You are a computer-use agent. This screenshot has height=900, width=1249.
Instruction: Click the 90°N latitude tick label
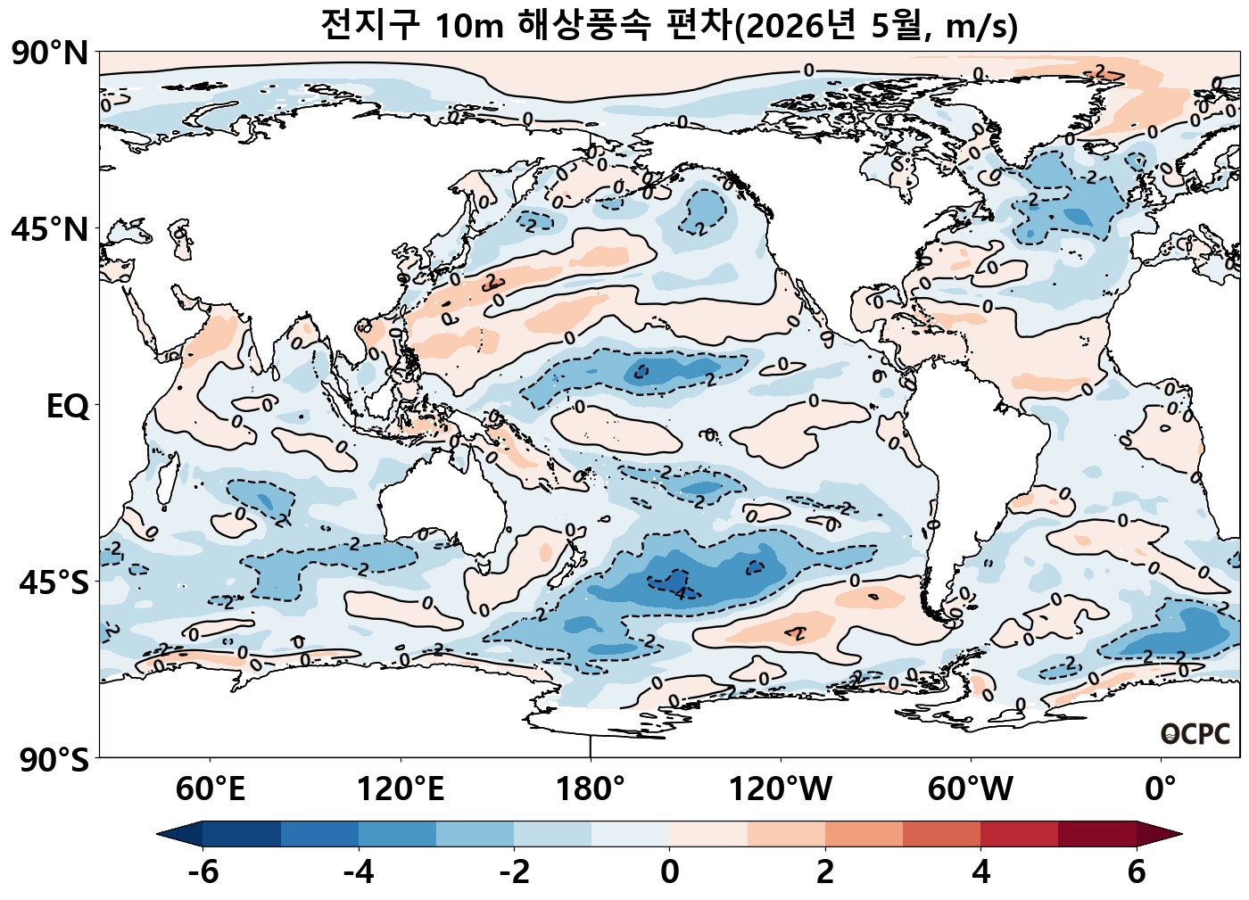click(x=50, y=54)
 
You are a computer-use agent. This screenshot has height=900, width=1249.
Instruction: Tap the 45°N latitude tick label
click(x=50, y=229)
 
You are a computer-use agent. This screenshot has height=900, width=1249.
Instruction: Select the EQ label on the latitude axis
click(x=68, y=407)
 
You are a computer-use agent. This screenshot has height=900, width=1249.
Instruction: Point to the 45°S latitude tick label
click(x=54, y=583)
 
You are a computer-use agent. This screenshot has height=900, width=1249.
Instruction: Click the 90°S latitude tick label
click(x=54, y=761)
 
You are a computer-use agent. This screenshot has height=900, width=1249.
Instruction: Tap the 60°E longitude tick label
click(x=210, y=789)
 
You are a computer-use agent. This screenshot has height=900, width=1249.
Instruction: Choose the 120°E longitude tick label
click(x=401, y=789)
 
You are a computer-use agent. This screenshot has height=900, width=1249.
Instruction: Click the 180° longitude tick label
click(x=591, y=789)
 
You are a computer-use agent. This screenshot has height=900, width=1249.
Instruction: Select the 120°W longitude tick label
click(x=781, y=789)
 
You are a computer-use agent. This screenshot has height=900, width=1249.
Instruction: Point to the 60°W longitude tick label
click(x=971, y=789)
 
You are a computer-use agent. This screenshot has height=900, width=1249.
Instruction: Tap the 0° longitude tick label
click(x=1161, y=789)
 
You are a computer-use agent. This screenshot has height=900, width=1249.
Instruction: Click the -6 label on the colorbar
click(x=203, y=871)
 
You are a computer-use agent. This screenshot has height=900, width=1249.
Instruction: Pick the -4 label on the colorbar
click(x=359, y=871)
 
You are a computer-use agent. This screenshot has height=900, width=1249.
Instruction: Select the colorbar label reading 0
click(x=670, y=871)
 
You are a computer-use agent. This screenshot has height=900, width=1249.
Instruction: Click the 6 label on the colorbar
click(x=1137, y=871)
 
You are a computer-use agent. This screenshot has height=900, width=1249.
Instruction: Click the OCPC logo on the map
click(x=1195, y=734)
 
